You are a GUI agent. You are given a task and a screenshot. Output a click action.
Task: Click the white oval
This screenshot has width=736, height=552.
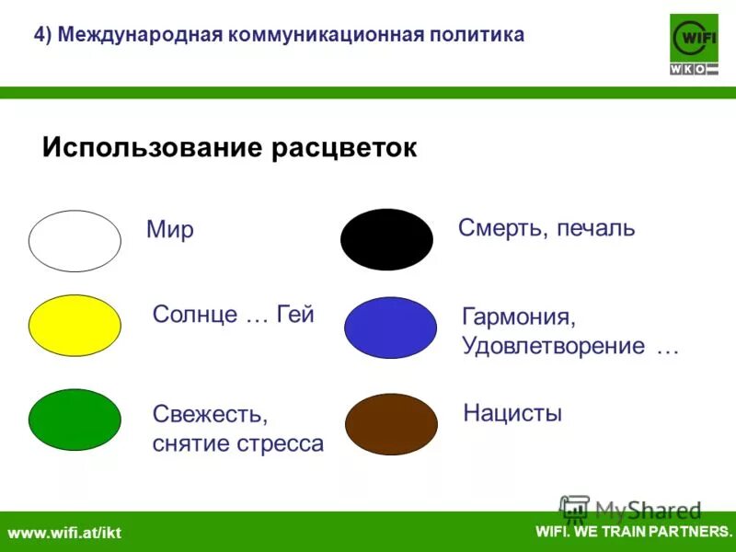[75, 241]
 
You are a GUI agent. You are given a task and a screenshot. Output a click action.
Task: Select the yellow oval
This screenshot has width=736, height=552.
[75, 326]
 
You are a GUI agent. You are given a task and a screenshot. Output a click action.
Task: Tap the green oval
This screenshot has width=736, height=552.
[75, 420]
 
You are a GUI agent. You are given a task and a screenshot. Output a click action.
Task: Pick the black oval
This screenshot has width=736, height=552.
[386, 239]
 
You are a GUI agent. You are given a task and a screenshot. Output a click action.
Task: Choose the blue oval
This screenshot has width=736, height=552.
[390, 328]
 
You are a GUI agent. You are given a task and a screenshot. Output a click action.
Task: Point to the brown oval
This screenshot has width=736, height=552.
[391, 424]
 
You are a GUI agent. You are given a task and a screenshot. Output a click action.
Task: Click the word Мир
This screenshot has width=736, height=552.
[170, 229]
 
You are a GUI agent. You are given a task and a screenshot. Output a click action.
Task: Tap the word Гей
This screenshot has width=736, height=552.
[294, 315]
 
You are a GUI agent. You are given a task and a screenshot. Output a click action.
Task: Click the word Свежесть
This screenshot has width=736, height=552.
[210, 416]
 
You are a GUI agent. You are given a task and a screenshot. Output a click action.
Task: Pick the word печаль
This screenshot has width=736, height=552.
[594, 228]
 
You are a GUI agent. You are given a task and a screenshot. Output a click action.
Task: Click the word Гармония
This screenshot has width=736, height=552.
[519, 318]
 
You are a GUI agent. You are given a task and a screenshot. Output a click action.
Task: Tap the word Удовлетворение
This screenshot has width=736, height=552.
[554, 347]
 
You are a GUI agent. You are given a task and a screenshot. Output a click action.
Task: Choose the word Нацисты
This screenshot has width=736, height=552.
[512, 413]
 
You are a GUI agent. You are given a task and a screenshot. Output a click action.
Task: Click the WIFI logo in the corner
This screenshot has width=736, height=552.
[694, 44]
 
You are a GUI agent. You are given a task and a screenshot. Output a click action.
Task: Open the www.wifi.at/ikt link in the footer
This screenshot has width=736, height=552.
[64, 533]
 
